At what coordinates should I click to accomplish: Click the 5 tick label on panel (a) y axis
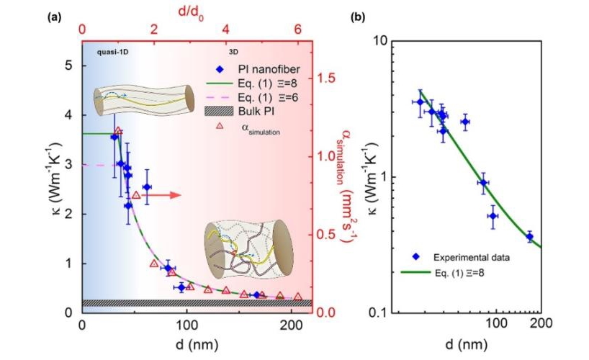coord(69,66)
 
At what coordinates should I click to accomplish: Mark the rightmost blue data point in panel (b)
coord(530,236)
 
